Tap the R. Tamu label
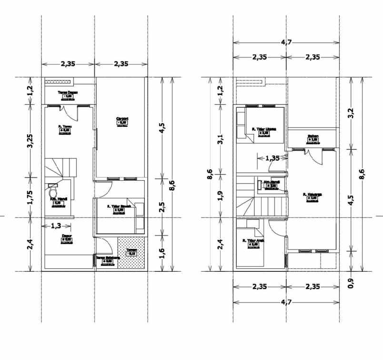(x=64, y=127)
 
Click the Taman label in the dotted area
(x=131, y=251)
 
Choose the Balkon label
(x=313, y=136)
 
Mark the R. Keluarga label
(x=313, y=195)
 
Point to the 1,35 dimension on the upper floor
(x=273, y=158)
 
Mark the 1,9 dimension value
(x=221, y=196)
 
